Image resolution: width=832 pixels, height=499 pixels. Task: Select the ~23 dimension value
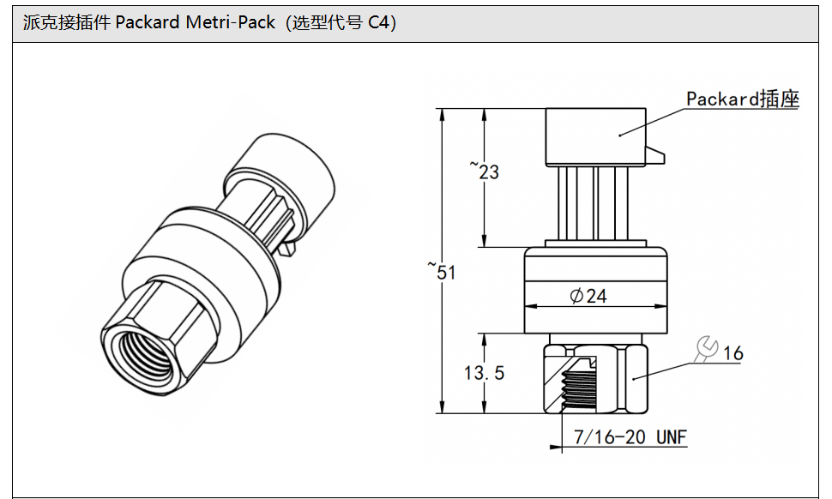485,171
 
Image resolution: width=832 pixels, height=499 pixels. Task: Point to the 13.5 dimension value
485,373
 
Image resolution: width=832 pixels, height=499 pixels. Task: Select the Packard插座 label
742,99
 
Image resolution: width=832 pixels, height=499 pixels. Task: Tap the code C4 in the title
381,22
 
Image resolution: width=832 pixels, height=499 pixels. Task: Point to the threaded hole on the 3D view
140,347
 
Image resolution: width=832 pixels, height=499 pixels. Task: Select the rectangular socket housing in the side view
595,135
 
